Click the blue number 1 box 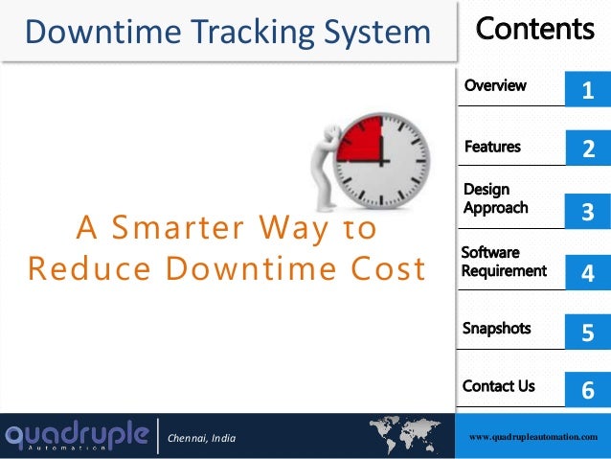coord(587,90)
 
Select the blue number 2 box coord(587,149)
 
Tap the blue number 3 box coord(587,211)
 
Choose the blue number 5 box coord(587,332)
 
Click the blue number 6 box coord(587,389)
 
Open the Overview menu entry coord(495,85)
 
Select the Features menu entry coord(492,147)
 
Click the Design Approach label coord(495,198)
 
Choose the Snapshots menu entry coord(496,328)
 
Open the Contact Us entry coord(498,386)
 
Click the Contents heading coord(534,30)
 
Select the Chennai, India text coord(201,439)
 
